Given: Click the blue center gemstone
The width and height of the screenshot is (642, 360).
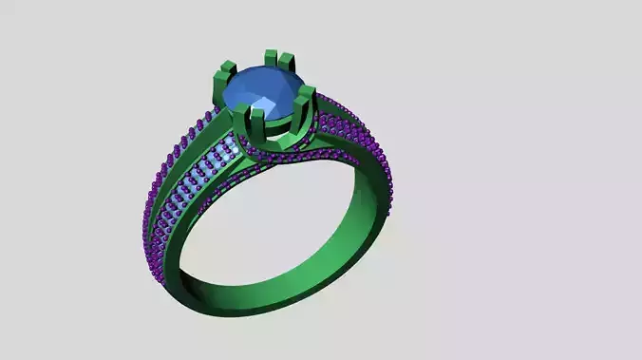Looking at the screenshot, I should pyautogui.click(x=262, y=93).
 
